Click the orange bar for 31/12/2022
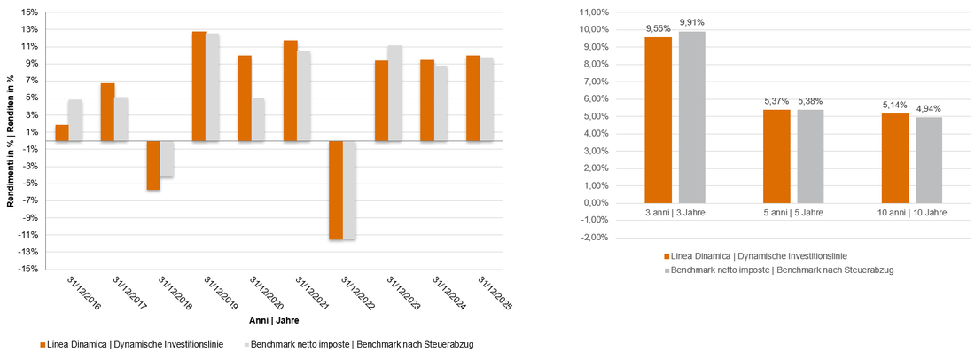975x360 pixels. pos(336,190)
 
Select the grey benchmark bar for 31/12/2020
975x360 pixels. pos(258,119)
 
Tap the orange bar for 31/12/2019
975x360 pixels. pos(199,86)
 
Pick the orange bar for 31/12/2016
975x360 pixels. pos(61,133)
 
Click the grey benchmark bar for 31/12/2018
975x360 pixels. pos(167,160)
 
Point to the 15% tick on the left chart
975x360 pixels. pos(30,13)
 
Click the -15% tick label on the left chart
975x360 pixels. pos(28,269)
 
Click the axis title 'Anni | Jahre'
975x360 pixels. pos(273,320)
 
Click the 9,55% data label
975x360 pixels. pos(659,28)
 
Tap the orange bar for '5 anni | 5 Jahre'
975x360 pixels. pos(776,156)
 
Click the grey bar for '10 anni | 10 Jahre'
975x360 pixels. pos(929,160)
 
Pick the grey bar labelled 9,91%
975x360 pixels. pos(692,117)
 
